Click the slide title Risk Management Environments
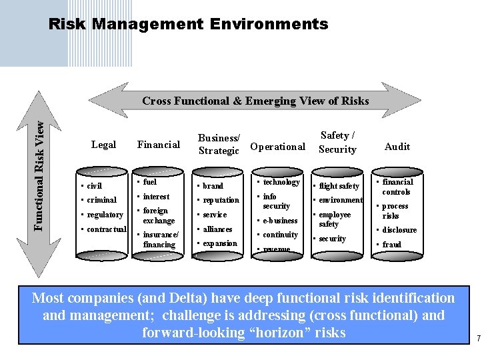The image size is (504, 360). (189, 25)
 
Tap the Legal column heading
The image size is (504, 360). (103, 145)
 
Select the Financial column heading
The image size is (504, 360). (158, 145)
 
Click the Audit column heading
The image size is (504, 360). (397, 147)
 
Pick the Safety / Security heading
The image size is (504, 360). (337, 143)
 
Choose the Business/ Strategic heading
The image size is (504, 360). (219, 145)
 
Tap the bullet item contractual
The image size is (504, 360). (106, 229)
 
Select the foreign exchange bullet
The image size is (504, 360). (159, 215)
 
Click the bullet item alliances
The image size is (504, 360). (217, 229)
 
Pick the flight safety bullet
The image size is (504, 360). (339, 186)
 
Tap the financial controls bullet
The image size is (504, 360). (397, 187)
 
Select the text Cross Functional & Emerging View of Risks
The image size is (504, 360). (255, 101)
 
